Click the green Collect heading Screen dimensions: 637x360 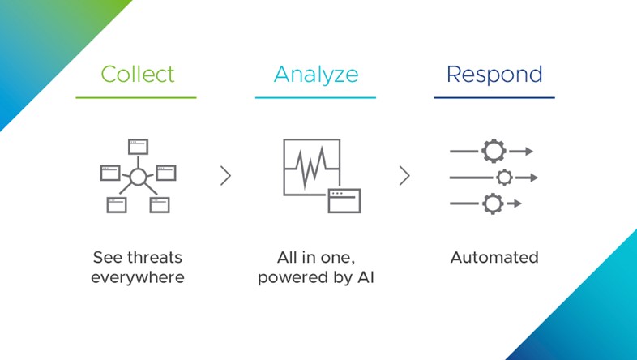(x=138, y=75)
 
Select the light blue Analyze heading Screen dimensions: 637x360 (x=316, y=75)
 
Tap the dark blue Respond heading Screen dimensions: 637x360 (x=494, y=75)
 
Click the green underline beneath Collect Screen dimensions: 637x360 (x=136, y=97)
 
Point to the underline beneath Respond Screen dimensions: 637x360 (x=494, y=97)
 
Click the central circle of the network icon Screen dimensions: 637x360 (x=138, y=178)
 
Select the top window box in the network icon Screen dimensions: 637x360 (x=138, y=147)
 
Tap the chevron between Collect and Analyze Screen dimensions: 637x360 (x=226, y=175)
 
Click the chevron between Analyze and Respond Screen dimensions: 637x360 (x=404, y=175)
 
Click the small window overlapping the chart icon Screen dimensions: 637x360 (x=344, y=201)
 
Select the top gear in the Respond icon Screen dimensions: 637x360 (x=494, y=151)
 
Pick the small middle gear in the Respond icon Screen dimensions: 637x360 (x=505, y=178)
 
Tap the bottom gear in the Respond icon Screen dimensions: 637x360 (x=494, y=204)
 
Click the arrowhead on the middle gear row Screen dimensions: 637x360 (x=534, y=178)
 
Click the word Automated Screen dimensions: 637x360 (x=494, y=257)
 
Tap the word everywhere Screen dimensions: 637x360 (x=138, y=277)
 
